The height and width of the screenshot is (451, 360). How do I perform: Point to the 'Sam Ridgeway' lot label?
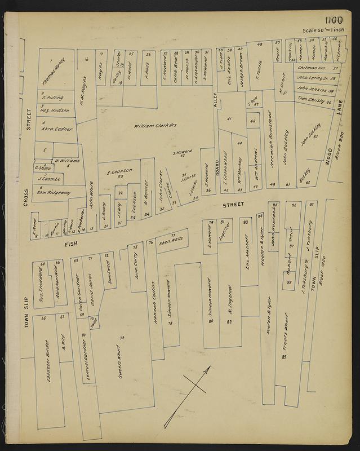[54, 192]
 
